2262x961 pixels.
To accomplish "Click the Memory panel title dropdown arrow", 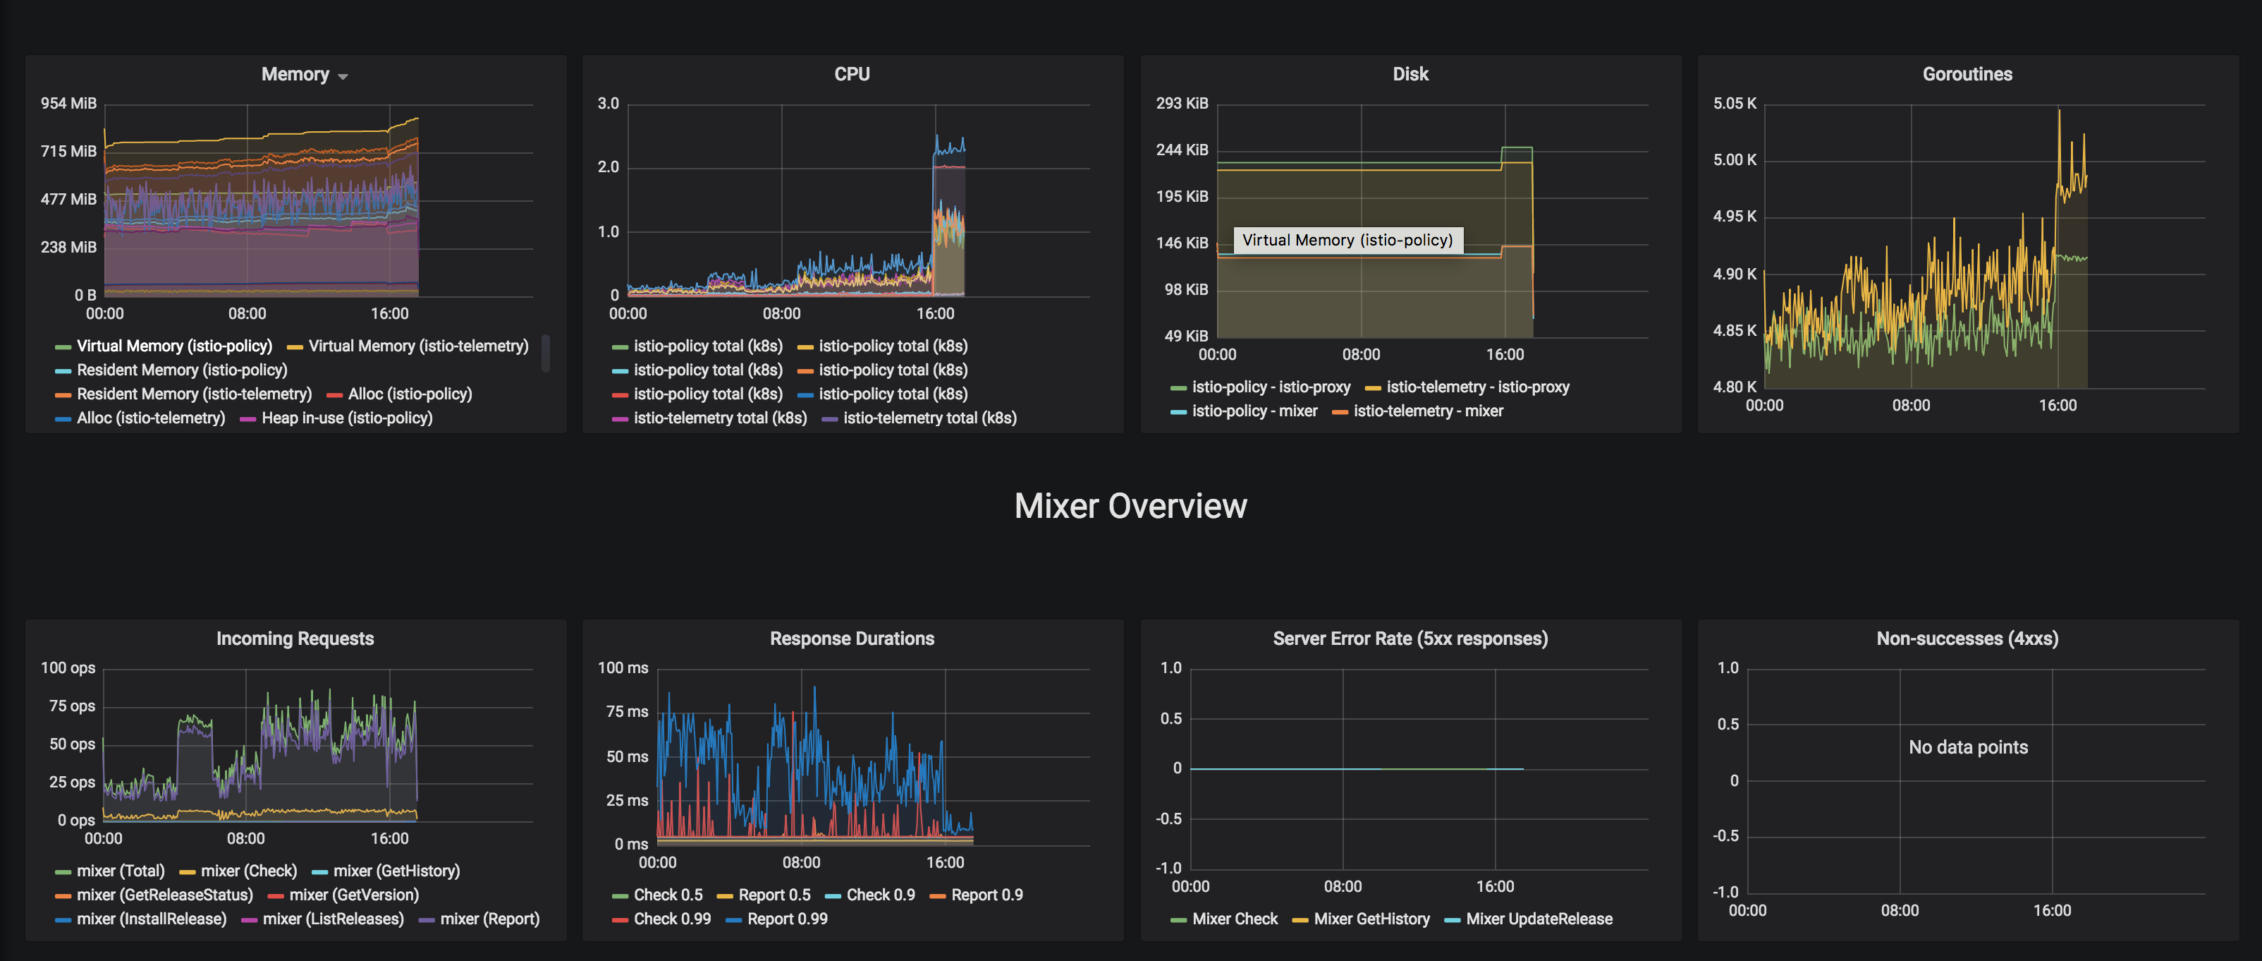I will [x=343, y=76].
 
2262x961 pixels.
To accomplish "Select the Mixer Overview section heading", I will [x=1130, y=506].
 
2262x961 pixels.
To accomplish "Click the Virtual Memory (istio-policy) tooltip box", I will [x=1347, y=240].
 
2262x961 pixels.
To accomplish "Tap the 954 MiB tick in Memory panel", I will [x=68, y=103].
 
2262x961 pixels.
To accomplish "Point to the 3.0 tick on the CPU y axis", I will [x=608, y=103].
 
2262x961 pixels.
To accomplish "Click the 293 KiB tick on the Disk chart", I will [x=1181, y=103].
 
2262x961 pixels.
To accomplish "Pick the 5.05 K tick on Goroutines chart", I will [x=1735, y=103].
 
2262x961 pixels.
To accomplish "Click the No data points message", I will [x=1968, y=747].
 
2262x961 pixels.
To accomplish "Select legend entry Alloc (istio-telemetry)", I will [x=150, y=418].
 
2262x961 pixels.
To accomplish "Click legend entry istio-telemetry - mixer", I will [x=1428, y=411].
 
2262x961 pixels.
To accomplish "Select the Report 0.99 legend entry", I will [x=787, y=919].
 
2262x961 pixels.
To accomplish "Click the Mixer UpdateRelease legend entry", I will [x=1539, y=919].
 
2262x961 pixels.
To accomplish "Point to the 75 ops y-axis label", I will [x=72, y=706].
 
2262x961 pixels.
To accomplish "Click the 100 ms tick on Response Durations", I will [x=623, y=667].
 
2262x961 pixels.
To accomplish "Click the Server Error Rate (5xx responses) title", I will [x=1410, y=639].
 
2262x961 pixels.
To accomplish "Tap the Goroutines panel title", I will [x=1967, y=74].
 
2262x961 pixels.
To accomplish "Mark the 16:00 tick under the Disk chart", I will [x=1504, y=354].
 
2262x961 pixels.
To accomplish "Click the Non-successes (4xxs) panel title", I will [x=1967, y=639].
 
